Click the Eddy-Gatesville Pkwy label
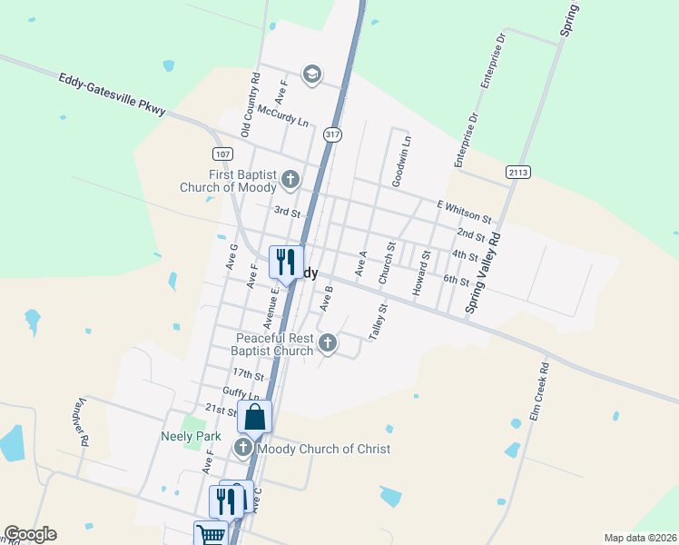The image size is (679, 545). point(112,94)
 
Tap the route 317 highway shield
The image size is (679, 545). point(333,134)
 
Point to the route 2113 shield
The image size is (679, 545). point(517,172)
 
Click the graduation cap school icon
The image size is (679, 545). point(311,74)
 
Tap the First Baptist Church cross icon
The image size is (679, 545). point(290,178)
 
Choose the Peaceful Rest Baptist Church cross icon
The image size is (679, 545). point(329,343)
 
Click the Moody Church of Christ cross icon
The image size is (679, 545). point(243,448)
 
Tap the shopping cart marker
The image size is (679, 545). point(210,534)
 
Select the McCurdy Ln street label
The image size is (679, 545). point(282,115)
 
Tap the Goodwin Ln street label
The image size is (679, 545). point(400,162)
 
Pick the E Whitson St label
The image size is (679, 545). point(463,213)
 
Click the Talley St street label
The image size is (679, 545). point(379,322)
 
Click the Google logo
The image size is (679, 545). point(30,534)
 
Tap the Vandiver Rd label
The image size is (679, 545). point(82,422)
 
